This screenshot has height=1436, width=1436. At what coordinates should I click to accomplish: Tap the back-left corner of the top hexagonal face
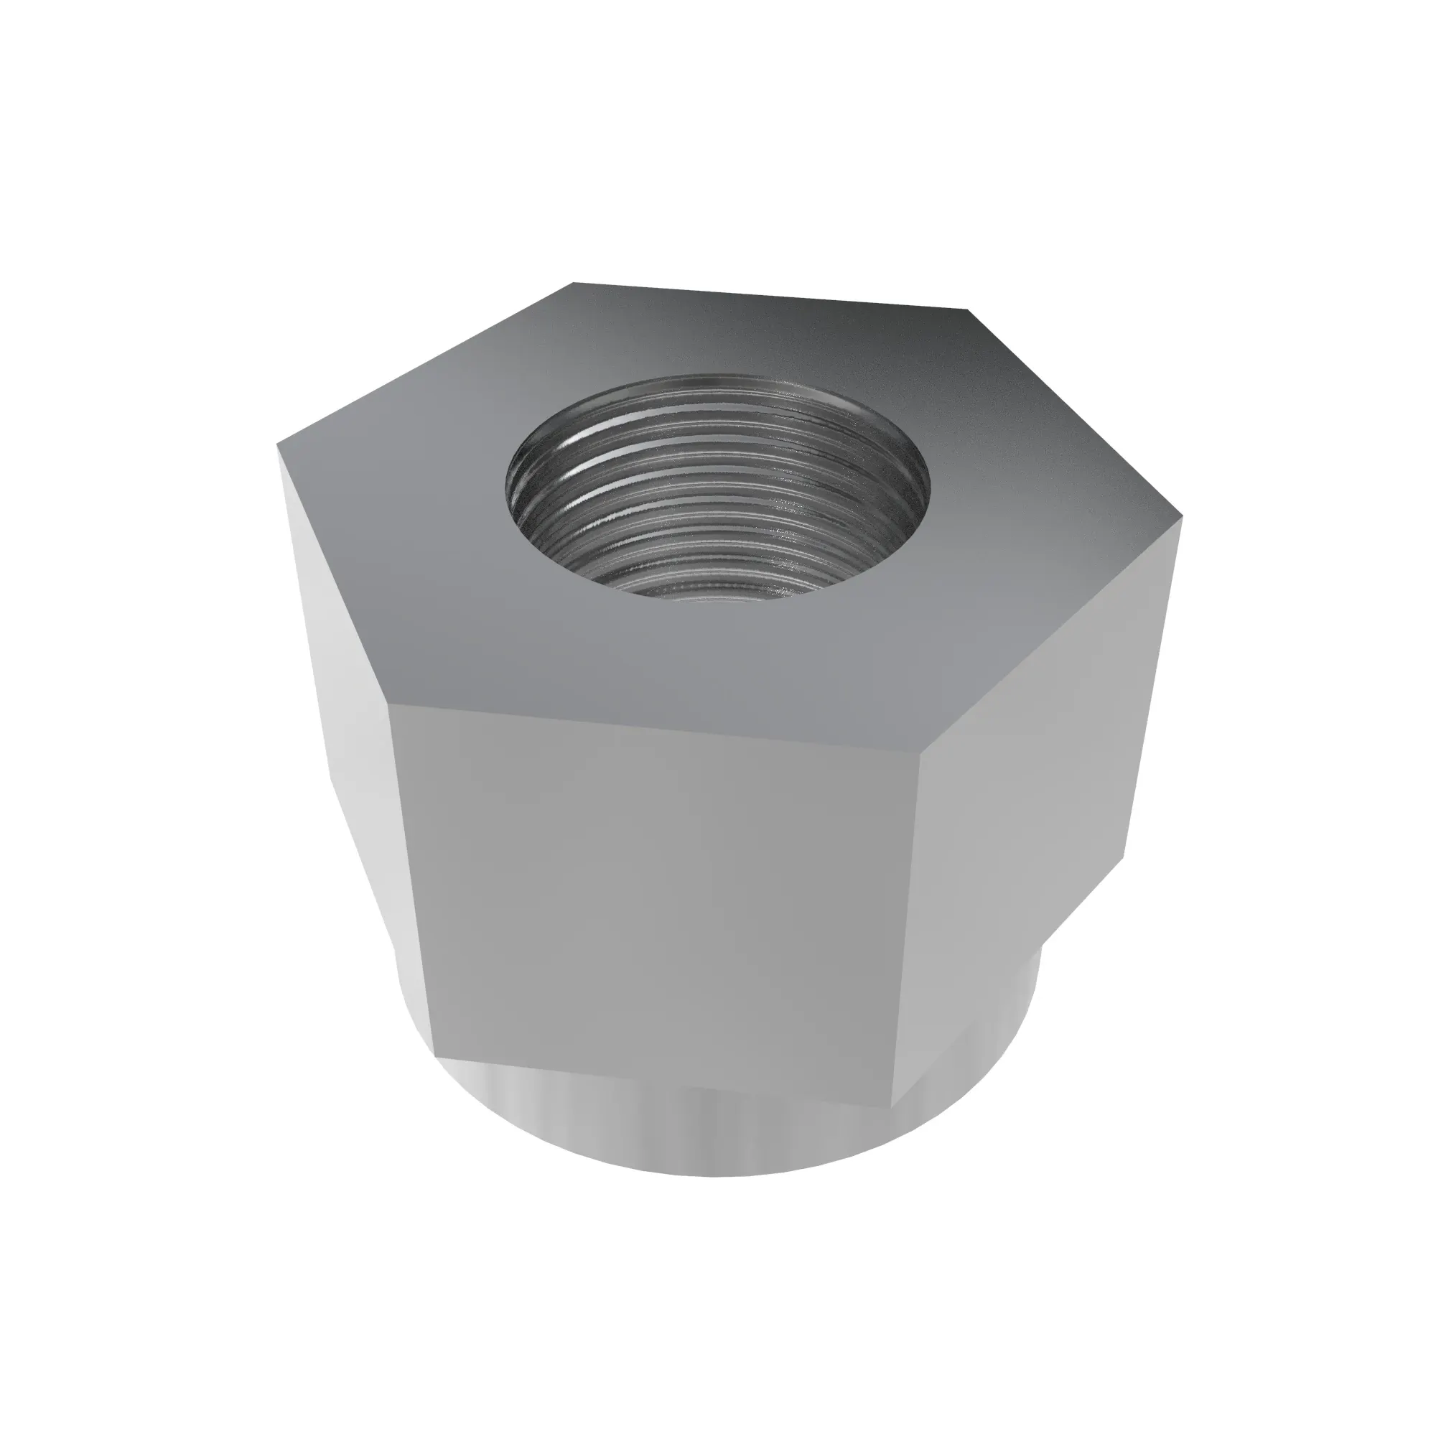pyautogui.click(x=573, y=283)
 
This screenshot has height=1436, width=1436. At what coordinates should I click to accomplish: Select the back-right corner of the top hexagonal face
pyautogui.click(x=969, y=309)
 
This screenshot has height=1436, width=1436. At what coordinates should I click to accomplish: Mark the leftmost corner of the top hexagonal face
pyautogui.click(x=277, y=446)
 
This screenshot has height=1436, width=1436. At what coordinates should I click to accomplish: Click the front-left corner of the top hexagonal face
pyautogui.click(x=389, y=704)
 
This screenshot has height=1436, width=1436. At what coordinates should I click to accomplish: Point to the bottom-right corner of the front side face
pyautogui.click(x=892, y=1107)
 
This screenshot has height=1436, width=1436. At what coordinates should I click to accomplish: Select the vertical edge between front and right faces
pyautogui.click(x=907, y=929)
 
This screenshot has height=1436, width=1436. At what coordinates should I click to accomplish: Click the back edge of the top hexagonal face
pyautogui.click(x=770, y=296)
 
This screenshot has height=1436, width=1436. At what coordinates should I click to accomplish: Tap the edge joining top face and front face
pyautogui.click(x=654, y=728)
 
